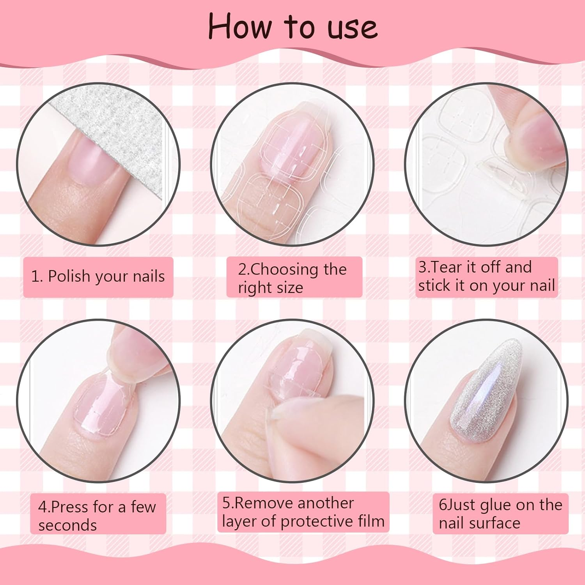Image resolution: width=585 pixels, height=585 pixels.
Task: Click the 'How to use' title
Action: click(x=292, y=27)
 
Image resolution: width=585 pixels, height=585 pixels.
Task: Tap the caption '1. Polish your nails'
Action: click(x=98, y=277)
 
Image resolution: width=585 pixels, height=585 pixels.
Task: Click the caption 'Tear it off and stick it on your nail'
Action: click(x=486, y=277)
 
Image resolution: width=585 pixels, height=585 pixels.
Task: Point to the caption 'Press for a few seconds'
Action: click(x=97, y=516)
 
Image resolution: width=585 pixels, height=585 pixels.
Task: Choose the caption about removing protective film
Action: click(x=303, y=512)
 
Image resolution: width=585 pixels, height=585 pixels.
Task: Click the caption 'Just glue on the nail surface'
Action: click(x=500, y=514)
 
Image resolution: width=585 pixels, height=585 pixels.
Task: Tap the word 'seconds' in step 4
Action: click(x=67, y=525)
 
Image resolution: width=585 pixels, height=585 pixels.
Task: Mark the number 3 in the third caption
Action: click(x=422, y=268)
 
